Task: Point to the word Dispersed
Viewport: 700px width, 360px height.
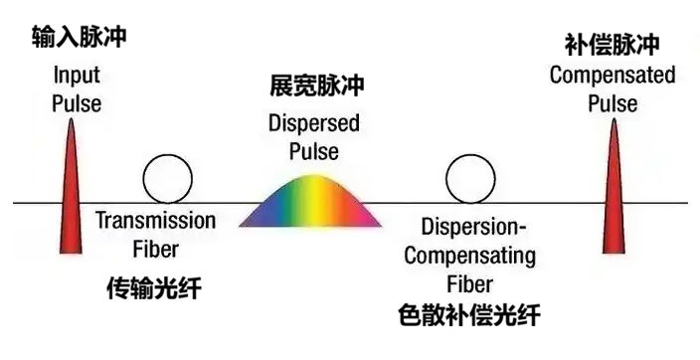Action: (x=314, y=125)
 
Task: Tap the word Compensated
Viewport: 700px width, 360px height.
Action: (x=612, y=75)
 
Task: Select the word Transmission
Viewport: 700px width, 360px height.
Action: (x=155, y=221)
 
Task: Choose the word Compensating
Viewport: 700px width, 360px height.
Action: (x=470, y=256)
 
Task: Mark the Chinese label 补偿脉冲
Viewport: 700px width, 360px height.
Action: (x=612, y=46)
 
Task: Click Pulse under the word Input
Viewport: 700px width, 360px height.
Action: (x=77, y=103)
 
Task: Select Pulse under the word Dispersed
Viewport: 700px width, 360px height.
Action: (x=314, y=152)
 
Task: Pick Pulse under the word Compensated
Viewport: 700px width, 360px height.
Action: (x=612, y=102)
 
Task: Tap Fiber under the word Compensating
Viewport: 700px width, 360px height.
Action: (x=470, y=283)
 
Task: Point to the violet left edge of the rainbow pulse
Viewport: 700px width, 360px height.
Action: (x=255, y=218)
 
